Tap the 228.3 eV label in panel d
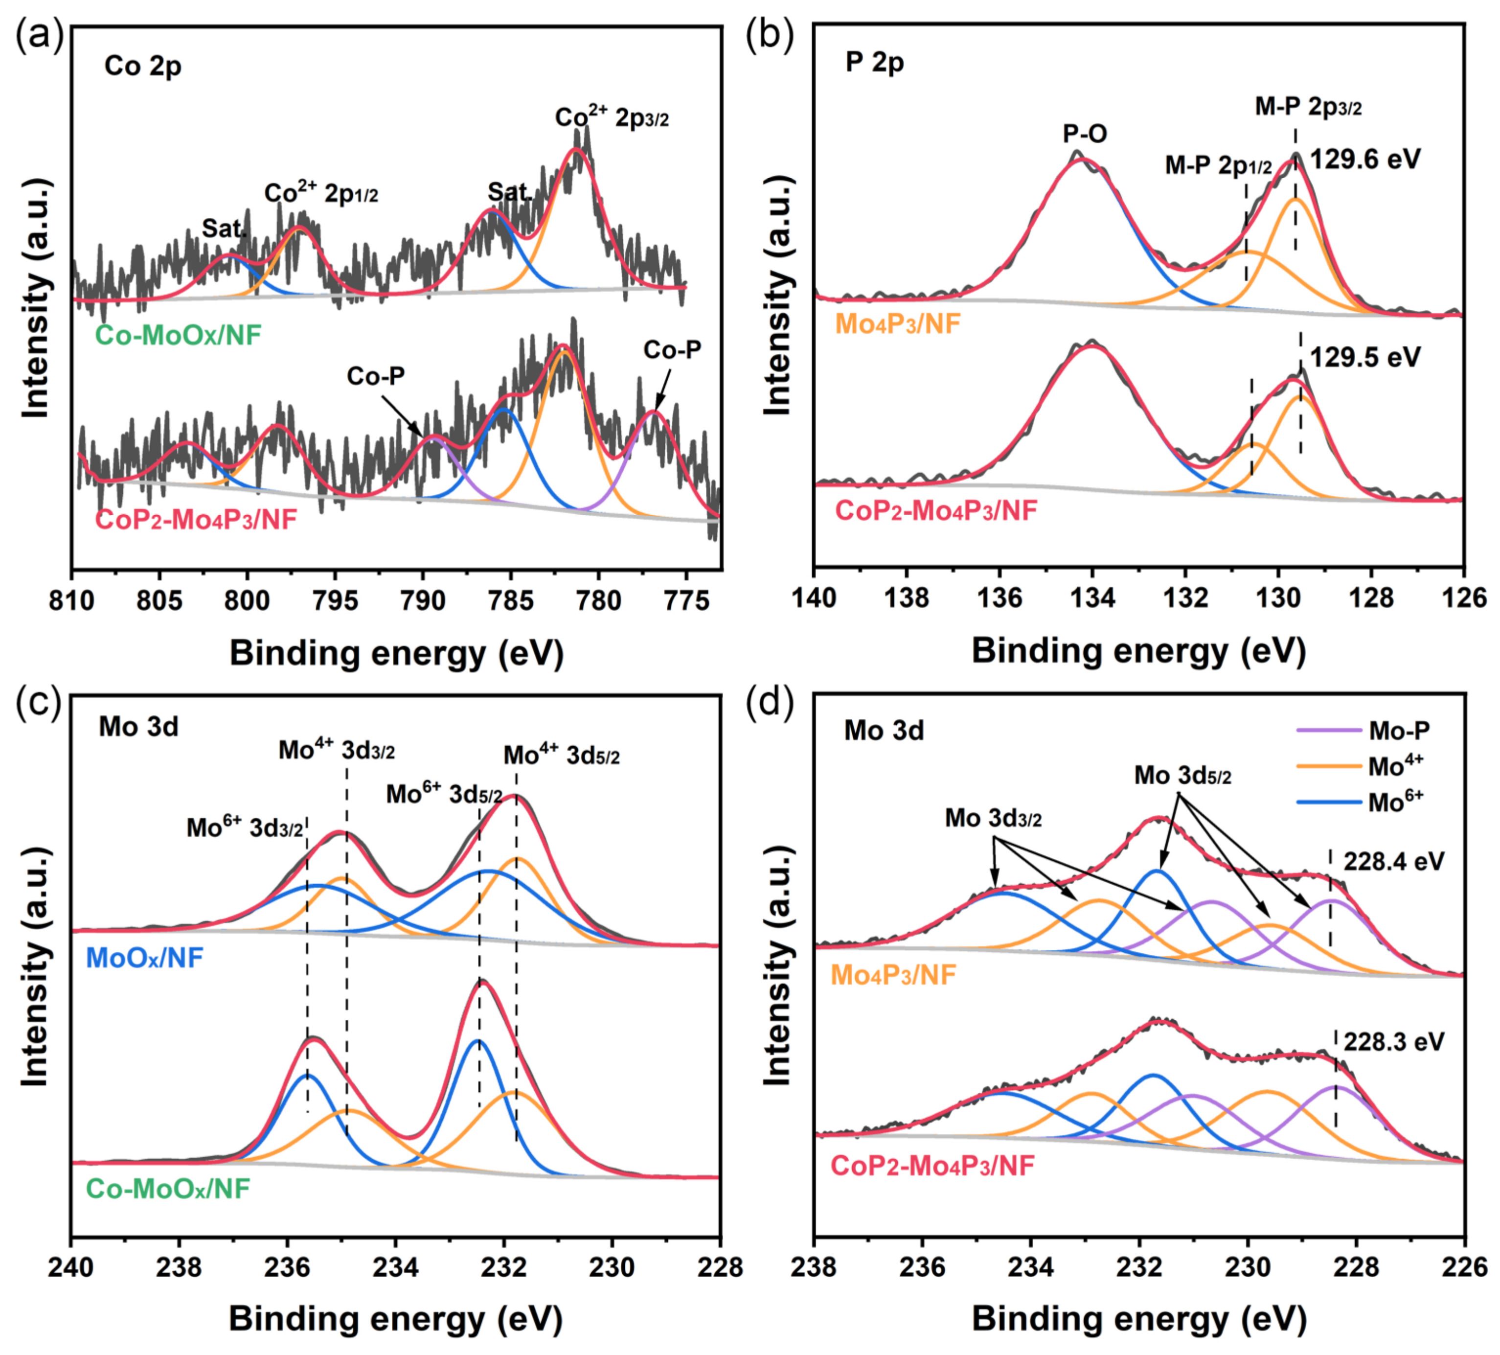tap(1393, 1042)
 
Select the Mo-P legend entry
tap(1399, 731)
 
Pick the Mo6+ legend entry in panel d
tap(1395, 802)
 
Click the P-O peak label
tap(1085, 134)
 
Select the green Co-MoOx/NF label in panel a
tap(179, 336)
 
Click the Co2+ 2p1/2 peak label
tap(321, 193)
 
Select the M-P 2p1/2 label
tap(1218, 165)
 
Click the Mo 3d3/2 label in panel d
tap(993, 819)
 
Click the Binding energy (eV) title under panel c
tap(395, 1319)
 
